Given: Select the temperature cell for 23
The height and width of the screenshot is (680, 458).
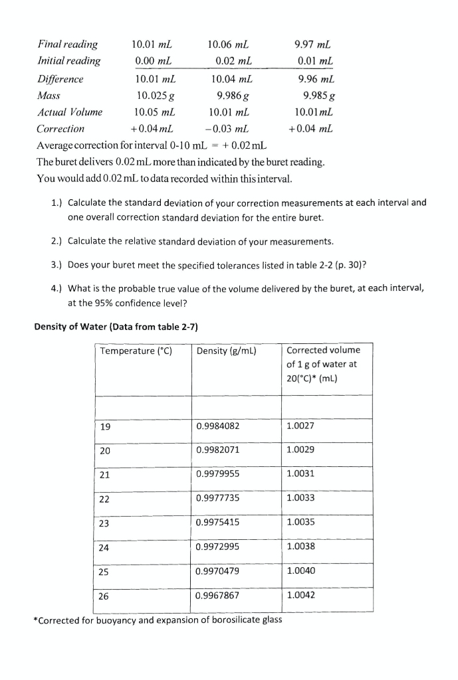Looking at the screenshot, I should pos(104,522).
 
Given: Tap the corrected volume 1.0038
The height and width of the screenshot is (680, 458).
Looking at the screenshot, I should pos(301,547).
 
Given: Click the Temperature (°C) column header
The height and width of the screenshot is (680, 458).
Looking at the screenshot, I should pos(136,351).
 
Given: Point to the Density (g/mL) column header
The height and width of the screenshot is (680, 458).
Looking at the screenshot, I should pos(227,351).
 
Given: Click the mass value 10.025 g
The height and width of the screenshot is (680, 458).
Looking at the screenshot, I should pos(152,96).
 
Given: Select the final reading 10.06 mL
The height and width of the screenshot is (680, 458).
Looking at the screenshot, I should pos(228,44).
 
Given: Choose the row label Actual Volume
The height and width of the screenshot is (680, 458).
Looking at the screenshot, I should pos(70,112).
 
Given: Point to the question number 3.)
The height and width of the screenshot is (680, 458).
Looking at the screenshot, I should pos(58,264).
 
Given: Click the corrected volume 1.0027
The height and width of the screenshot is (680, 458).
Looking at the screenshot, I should pos(301,426).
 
